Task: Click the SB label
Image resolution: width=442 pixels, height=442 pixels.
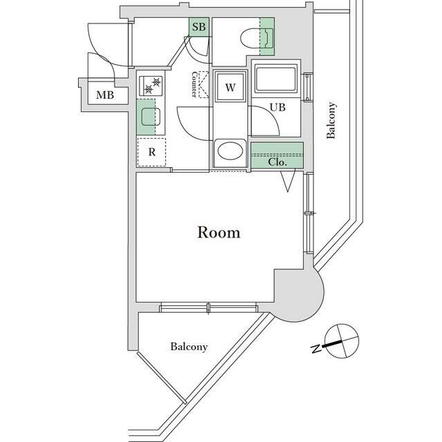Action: tap(199, 28)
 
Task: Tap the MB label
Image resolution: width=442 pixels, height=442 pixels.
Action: tap(105, 95)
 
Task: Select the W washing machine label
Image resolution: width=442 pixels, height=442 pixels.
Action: tap(231, 87)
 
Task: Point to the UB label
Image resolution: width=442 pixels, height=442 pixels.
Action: tap(278, 107)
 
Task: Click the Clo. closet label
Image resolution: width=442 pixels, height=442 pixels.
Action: tap(278, 162)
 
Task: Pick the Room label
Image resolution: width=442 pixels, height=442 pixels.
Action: tap(219, 232)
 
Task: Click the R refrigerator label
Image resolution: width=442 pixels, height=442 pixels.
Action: tap(151, 153)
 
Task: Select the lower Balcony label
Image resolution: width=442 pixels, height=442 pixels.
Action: tap(189, 347)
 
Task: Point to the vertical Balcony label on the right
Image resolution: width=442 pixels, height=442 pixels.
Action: tap(331, 121)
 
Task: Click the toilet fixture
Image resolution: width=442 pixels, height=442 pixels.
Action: tap(247, 35)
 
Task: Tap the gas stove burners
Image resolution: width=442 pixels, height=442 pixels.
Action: tap(152, 86)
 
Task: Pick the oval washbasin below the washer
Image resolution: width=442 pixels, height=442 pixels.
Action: tap(231, 150)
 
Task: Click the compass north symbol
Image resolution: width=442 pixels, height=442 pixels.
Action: tap(341, 341)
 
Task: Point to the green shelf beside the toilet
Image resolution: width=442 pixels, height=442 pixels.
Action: tap(267, 36)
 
